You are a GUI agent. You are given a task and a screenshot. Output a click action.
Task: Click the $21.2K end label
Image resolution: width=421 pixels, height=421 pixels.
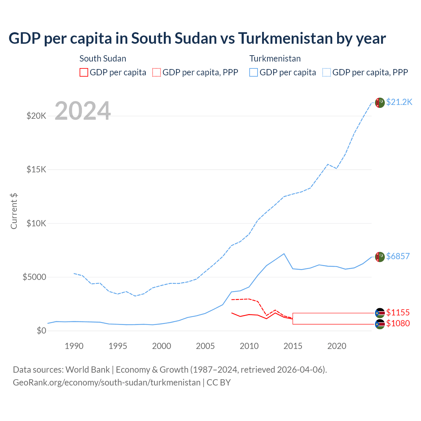tap(399, 102)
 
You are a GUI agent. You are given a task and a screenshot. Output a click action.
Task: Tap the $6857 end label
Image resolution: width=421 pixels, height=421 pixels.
tap(398, 256)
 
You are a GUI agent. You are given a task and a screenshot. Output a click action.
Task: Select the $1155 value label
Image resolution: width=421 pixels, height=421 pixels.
tap(398, 312)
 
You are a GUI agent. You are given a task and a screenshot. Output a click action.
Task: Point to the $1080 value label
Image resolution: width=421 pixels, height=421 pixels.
tap(398, 323)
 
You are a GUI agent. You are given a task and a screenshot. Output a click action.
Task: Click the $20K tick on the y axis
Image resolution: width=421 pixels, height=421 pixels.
tap(37, 116)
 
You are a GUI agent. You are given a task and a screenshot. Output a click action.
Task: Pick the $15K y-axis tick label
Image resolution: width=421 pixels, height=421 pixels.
tap(37, 170)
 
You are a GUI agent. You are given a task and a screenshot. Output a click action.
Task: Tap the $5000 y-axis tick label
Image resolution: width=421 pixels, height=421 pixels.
tap(34, 277)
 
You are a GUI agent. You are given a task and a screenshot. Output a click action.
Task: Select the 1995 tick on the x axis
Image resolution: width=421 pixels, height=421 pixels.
tap(118, 346)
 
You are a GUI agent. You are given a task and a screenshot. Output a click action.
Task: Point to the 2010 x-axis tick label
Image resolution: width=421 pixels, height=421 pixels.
tap(249, 346)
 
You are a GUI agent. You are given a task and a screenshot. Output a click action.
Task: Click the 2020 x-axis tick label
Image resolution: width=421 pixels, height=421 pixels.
tap(337, 346)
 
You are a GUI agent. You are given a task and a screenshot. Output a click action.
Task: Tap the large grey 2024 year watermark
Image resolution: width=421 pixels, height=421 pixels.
tap(83, 111)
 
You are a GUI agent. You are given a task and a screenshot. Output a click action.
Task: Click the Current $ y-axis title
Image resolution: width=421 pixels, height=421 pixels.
tap(14, 211)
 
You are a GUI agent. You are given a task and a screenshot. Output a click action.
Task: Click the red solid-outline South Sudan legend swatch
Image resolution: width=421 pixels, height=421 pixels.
tap(84, 72)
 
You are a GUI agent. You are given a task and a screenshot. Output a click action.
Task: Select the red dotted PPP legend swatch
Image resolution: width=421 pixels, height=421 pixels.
tap(157, 72)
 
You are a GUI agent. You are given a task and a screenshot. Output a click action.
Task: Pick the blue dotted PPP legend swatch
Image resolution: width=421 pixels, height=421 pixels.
tap(327, 72)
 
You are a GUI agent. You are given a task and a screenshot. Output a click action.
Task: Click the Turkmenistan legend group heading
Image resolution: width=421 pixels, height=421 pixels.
tap(275, 59)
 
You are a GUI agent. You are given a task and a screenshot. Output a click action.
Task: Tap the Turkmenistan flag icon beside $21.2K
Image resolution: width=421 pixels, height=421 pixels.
tap(380, 103)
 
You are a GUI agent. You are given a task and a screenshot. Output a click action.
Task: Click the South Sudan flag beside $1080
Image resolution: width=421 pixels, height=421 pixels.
tap(380, 324)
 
